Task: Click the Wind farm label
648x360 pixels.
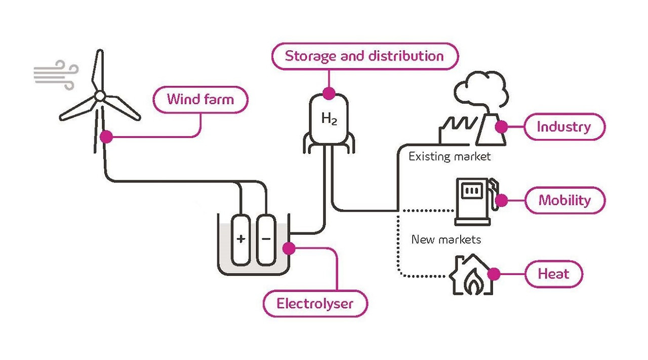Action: tap(200, 99)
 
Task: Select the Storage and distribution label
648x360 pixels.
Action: tap(364, 56)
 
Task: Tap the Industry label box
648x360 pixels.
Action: tap(564, 127)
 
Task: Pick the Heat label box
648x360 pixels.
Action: tap(553, 274)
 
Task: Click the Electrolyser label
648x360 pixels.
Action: tap(315, 304)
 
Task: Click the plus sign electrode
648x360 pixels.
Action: tap(241, 238)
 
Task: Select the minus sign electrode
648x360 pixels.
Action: tap(266, 238)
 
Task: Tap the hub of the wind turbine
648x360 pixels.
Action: tap(100, 96)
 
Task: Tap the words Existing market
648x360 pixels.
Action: tap(450, 156)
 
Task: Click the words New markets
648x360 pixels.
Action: tap(446, 239)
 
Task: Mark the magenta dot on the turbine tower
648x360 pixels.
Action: tap(106, 136)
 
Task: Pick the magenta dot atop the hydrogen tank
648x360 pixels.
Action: tap(329, 93)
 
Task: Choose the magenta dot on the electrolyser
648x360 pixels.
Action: tap(289, 248)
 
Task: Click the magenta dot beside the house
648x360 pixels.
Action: tap(494, 274)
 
